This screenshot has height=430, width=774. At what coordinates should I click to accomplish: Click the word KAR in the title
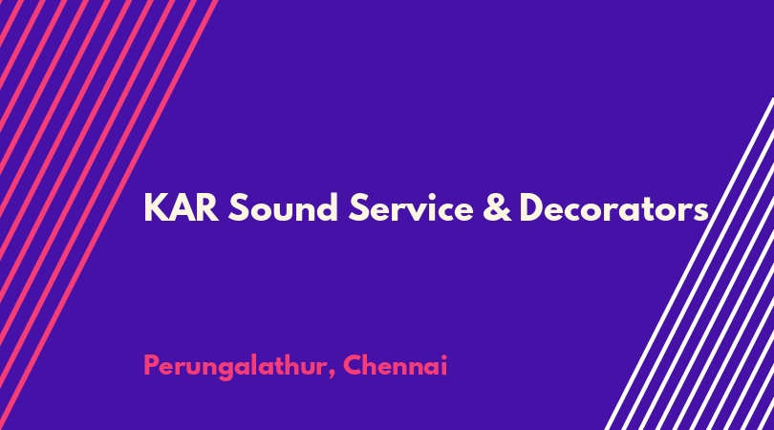(x=182, y=208)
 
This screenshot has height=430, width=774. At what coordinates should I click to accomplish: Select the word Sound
(x=283, y=207)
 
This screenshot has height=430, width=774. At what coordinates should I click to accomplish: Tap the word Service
(x=411, y=207)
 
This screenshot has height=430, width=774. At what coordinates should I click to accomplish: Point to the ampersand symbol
(x=497, y=207)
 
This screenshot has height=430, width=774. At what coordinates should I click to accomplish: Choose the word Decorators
(x=614, y=207)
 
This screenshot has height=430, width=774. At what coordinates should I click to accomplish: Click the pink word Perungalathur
(x=235, y=367)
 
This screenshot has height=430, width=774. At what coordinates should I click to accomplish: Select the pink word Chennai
(x=395, y=366)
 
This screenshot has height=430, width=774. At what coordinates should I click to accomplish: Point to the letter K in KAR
(x=156, y=208)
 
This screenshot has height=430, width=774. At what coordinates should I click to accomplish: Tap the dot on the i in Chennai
(x=443, y=356)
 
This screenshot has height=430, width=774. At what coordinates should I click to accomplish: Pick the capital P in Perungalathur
(x=152, y=366)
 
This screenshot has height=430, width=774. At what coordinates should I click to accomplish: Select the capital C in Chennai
(x=353, y=366)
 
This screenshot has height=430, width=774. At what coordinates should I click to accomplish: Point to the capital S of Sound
(x=238, y=208)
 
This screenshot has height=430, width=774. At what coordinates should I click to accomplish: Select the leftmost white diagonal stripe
(x=689, y=264)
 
